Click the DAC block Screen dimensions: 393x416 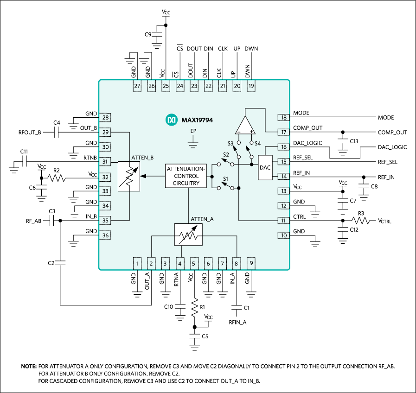tap(265, 168)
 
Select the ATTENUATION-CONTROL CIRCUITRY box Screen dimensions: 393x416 tap(186, 176)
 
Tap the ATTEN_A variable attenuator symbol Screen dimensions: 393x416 tap(188, 235)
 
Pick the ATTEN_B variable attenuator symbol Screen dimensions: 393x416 tap(129, 176)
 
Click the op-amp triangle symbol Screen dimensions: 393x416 tap(245, 126)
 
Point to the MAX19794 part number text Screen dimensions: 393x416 tap(197, 120)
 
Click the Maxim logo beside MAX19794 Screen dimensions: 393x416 tap(172, 120)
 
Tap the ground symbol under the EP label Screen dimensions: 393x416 tap(193, 145)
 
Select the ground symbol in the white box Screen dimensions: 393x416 tap(344, 152)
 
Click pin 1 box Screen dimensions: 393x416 tap(137, 264)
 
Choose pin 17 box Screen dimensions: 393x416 tap(283, 132)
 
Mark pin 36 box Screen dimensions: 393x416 tap(105, 235)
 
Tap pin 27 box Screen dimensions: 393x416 tap(137, 86)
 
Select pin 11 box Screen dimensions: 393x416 tap(283, 221)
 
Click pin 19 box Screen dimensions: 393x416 tap(251, 86)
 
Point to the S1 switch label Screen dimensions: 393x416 tap(226, 179)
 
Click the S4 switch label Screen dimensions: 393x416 tap(258, 144)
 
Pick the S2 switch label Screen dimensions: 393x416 tap(226, 155)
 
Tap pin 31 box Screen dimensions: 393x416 tap(105, 162)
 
